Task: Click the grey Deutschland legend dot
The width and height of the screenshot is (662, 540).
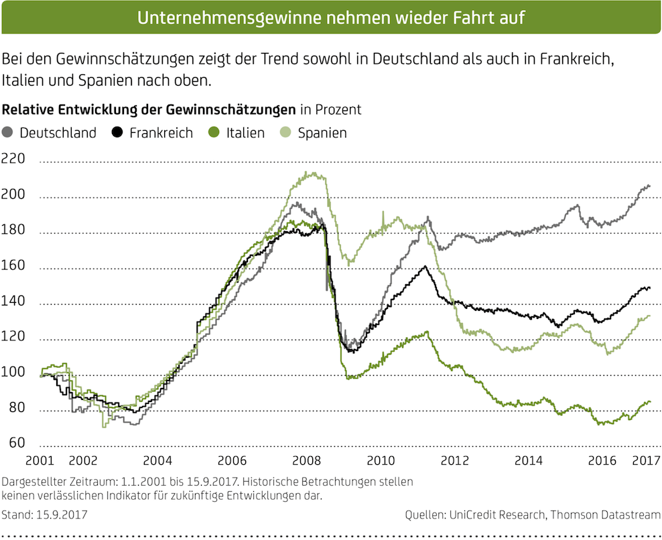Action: pos(9,132)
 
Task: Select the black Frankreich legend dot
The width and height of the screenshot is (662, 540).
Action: pos(119,132)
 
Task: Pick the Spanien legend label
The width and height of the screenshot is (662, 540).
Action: pos(322,133)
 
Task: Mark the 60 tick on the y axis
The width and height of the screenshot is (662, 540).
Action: pos(16,444)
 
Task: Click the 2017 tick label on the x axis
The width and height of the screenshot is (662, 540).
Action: pos(646,461)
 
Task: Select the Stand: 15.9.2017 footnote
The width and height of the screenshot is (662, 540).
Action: pos(44,515)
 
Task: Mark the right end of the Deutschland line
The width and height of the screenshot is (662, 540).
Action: pos(649,186)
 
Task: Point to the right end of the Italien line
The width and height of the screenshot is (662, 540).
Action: pos(649,401)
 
